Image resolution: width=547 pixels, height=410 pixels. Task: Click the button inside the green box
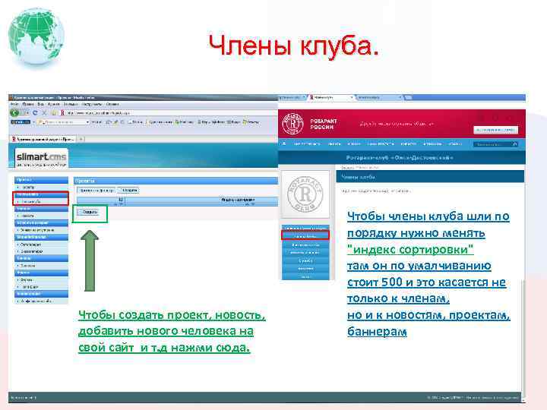click(x=90, y=213)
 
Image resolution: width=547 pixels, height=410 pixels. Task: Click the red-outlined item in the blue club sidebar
click(x=305, y=235)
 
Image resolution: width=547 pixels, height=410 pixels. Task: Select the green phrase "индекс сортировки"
click(x=410, y=250)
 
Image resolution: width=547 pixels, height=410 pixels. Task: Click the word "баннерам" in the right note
click(x=377, y=332)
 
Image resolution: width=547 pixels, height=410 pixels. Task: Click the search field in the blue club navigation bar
click(x=496, y=143)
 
